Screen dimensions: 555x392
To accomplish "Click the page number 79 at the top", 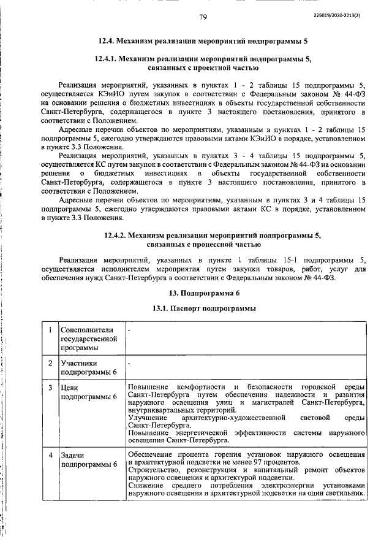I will [203, 17].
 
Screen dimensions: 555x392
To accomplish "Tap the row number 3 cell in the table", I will [49, 388].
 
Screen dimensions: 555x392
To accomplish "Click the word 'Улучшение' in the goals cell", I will [148, 417].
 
